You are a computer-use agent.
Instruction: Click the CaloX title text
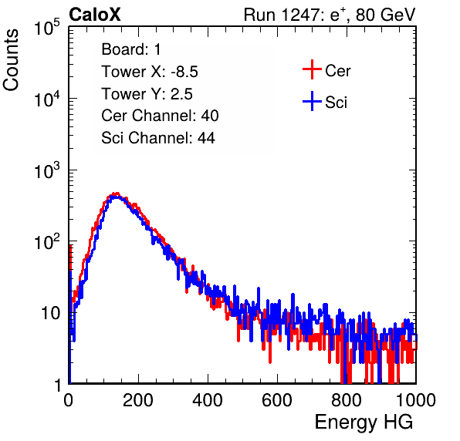[x=95, y=15]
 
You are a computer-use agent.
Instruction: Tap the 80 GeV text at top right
[x=385, y=15]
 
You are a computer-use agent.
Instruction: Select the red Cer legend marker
[x=312, y=69]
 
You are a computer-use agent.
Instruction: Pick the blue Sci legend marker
[x=312, y=101]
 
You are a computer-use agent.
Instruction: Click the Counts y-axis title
[x=11, y=60]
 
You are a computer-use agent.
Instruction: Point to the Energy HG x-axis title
[x=364, y=422]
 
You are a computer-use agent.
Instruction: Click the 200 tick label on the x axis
[x=138, y=400]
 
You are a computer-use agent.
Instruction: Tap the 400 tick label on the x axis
[x=208, y=400]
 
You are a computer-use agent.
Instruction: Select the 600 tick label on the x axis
[x=277, y=400]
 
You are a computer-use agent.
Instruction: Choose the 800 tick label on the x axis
[x=347, y=400]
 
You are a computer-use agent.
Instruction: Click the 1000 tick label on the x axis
[x=416, y=400]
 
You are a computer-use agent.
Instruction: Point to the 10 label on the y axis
[x=51, y=313]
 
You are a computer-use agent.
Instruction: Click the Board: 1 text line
[x=131, y=49]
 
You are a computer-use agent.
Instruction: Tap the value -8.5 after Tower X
[x=184, y=72]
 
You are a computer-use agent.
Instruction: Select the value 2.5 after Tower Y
[x=181, y=94]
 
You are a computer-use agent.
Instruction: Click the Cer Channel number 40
[x=210, y=116]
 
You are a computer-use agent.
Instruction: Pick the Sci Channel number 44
[x=206, y=138]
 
